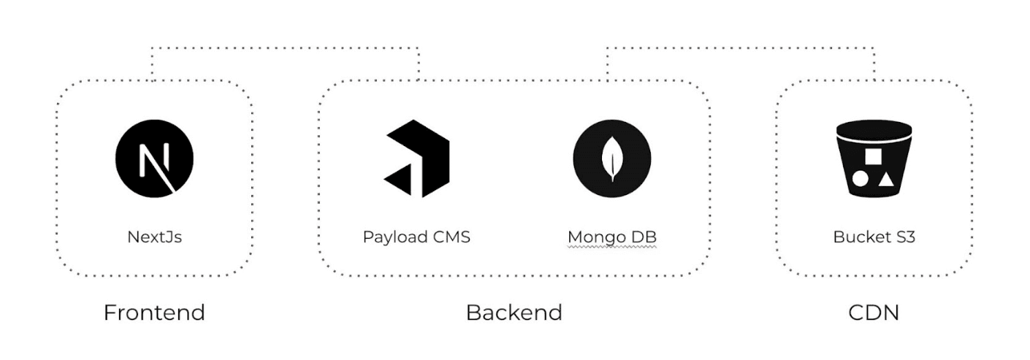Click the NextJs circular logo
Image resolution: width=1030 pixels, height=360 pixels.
(x=154, y=158)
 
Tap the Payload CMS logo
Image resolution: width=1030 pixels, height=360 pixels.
(x=416, y=158)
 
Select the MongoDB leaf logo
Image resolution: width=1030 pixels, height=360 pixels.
(x=611, y=158)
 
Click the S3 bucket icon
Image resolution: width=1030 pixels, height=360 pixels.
(x=874, y=159)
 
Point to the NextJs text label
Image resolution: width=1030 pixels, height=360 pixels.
(x=154, y=237)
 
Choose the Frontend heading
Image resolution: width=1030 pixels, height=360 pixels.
(x=154, y=313)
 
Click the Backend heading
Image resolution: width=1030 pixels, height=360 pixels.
(x=514, y=313)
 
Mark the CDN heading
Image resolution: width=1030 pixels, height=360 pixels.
(x=874, y=313)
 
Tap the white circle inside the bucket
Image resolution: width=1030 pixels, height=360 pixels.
(x=861, y=179)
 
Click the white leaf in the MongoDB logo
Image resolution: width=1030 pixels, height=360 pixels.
(x=611, y=158)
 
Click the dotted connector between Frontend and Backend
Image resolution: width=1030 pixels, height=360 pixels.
(x=285, y=49)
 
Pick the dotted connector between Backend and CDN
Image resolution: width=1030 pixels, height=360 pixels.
(x=740, y=49)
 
